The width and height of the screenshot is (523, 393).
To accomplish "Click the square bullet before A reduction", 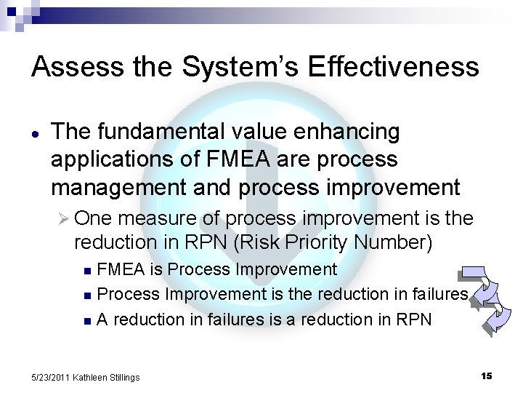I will [89, 319].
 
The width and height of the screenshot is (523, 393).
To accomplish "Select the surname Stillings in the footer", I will [122, 376].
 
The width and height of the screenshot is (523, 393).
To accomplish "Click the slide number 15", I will [486, 376].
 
